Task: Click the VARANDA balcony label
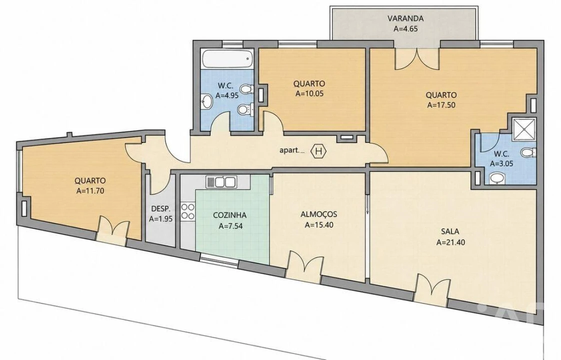405,18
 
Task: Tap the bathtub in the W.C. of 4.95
227,59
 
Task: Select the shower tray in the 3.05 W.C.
524,128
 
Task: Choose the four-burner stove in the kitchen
188,211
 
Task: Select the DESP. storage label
160,208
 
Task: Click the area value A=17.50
441,105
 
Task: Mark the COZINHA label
229,215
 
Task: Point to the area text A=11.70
90,191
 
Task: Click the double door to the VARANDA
417,58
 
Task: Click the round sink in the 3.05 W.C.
496,178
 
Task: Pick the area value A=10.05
310,94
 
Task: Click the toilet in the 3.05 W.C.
529,153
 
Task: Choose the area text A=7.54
229,226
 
